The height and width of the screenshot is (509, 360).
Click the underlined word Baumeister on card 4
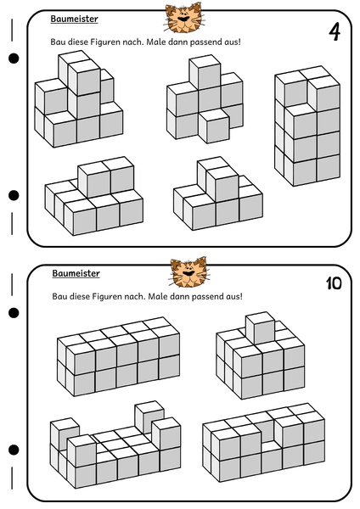(x=74, y=19)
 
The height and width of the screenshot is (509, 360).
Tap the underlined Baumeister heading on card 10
(x=76, y=273)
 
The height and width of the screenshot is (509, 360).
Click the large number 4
(x=335, y=32)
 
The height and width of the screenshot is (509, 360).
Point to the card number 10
(x=334, y=283)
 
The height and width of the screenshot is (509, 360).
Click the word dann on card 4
(x=177, y=42)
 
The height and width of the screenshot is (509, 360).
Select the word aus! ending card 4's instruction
(x=233, y=42)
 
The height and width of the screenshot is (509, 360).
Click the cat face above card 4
(x=184, y=18)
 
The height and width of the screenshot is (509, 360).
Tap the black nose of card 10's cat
(x=187, y=273)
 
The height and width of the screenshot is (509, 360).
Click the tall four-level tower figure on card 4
(x=307, y=126)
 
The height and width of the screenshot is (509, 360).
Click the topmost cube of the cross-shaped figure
(x=205, y=70)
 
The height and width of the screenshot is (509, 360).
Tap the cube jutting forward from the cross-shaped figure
(x=214, y=126)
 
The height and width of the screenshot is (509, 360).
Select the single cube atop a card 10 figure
(x=261, y=327)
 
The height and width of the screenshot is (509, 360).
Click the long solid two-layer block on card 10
(x=118, y=356)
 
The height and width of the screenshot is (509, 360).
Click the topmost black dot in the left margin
(x=14, y=59)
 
